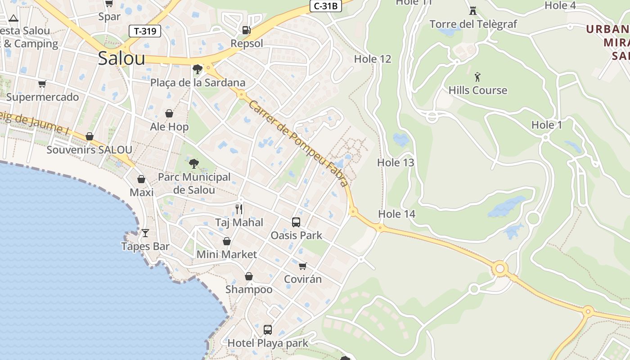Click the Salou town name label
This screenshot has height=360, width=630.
click(x=121, y=58)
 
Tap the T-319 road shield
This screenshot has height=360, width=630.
click(x=145, y=31)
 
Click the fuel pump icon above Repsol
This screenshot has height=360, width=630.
click(x=246, y=30)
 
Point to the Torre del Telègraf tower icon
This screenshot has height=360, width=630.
click(x=473, y=10)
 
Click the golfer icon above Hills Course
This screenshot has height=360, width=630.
click(x=477, y=76)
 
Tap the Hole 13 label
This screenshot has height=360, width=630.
click(x=396, y=162)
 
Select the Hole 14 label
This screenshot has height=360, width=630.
click(x=396, y=214)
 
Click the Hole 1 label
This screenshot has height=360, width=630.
click(x=547, y=125)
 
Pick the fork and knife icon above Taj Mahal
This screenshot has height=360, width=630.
click(x=239, y=209)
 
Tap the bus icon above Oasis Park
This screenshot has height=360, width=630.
click(x=296, y=222)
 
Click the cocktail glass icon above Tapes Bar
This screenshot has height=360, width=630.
click(x=145, y=233)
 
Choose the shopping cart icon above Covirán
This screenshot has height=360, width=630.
click(x=303, y=266)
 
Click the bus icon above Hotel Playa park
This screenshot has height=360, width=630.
click(x=268, y=330)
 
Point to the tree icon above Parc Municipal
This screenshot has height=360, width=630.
click(x=194, y=163)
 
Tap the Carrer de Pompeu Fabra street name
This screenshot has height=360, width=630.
click(x=298, y=143)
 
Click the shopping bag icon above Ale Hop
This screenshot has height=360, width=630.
click(x=169, y=113)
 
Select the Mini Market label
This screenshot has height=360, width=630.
click(x=227, y=254)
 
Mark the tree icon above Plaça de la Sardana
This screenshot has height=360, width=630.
click(x=197, y=69)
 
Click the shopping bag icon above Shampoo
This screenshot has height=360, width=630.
click(x=248, y=276)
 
